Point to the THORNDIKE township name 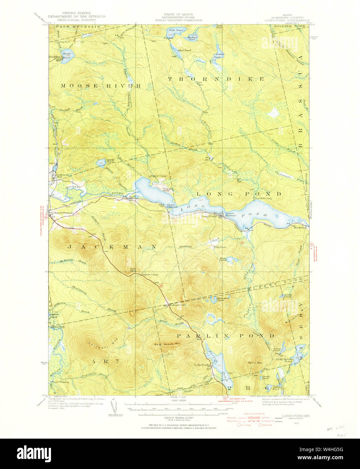click(216, 79)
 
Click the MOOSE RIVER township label click(101, 86)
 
